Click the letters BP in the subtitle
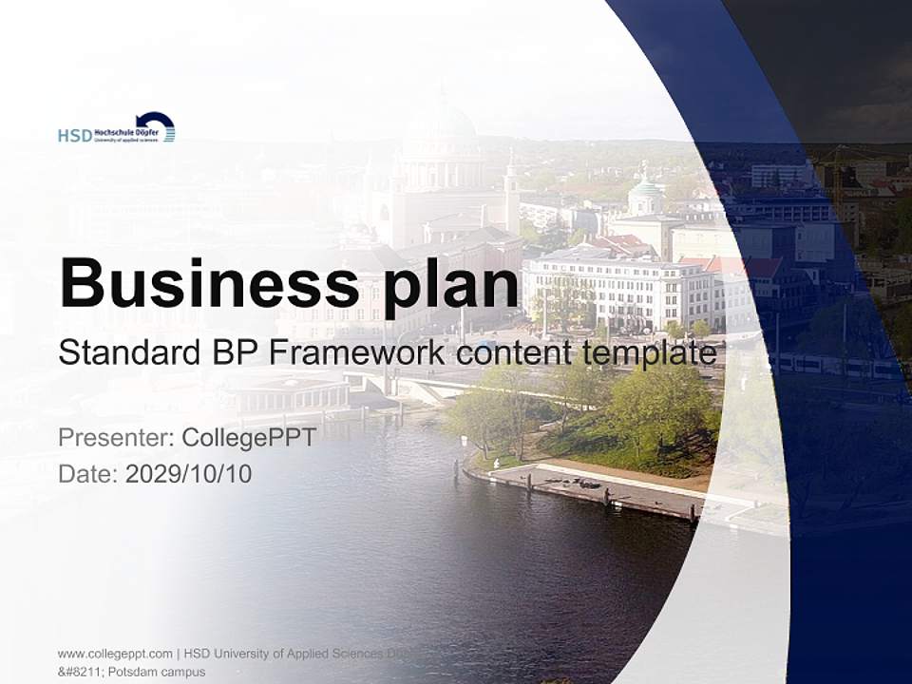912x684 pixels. [x=229, y=352]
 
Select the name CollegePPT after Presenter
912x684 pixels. [x=248, y=438]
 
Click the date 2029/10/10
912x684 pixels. [x=189, y=473]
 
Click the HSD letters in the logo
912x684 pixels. [x=74, y=136]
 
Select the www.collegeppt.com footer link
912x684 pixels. [x=115, y=654]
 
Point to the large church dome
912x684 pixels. [x=442, y=133]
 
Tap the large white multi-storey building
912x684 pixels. [x=617, y=290]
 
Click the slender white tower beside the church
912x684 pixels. [x=511, y=195]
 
